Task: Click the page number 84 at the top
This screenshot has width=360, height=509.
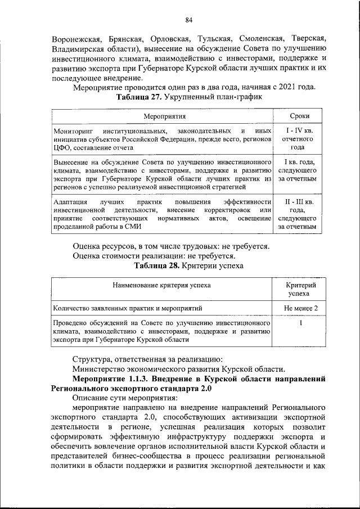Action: [189, 21]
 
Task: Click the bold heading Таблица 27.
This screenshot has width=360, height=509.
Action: [136, 97]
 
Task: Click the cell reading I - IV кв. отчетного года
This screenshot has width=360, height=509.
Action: [301, 138]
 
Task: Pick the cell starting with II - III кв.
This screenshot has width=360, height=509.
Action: [301, 214]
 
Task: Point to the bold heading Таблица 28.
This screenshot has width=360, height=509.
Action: [152, 265]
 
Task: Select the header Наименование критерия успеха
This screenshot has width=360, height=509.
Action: [161, 285]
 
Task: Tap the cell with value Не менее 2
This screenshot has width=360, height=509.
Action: [301, 308]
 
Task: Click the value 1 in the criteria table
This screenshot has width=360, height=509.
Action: [301, 324]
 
